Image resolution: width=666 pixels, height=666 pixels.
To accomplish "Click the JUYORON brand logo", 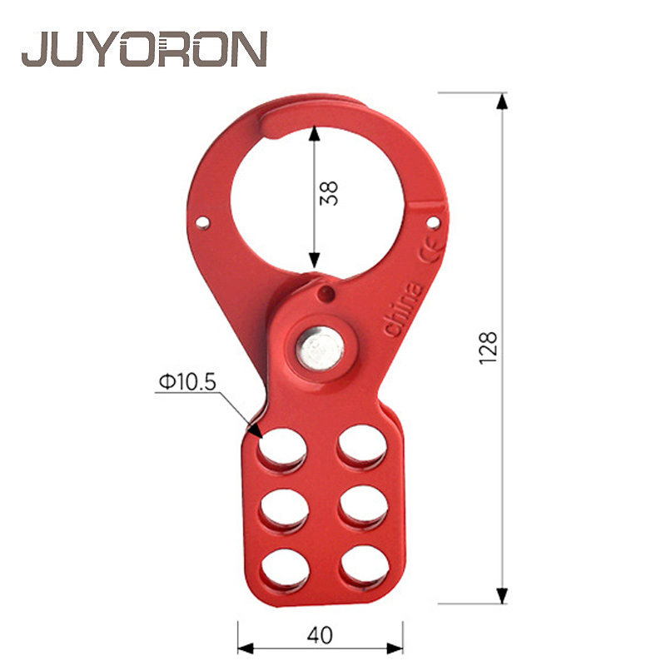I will click(x=144, y=49).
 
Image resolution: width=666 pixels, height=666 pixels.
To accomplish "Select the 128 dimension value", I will click(x=489, y=346).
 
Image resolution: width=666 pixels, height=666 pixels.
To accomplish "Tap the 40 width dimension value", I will click(x=320, y=635).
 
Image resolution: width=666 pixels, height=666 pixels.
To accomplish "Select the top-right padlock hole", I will click(x=360, y=448).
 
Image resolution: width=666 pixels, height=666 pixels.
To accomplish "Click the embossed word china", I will click(x=403, y=311).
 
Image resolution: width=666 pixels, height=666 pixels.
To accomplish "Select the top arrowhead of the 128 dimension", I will click(x=501, y=101).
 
